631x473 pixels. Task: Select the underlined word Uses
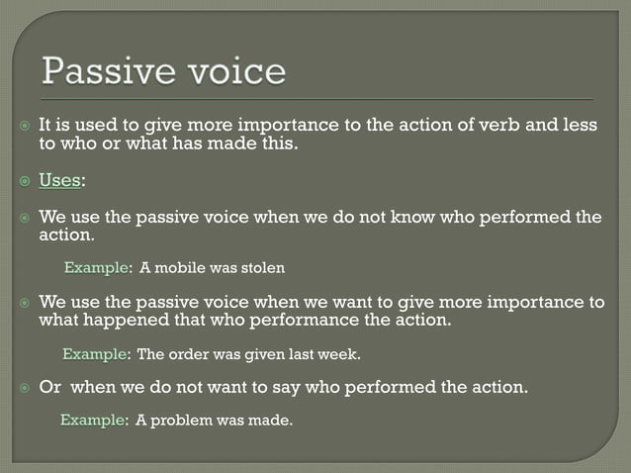coord(60,180)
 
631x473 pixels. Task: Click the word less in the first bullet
coord(580,127)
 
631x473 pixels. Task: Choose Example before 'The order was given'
coord(95,354)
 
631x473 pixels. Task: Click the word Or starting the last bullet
coord(49,388)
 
